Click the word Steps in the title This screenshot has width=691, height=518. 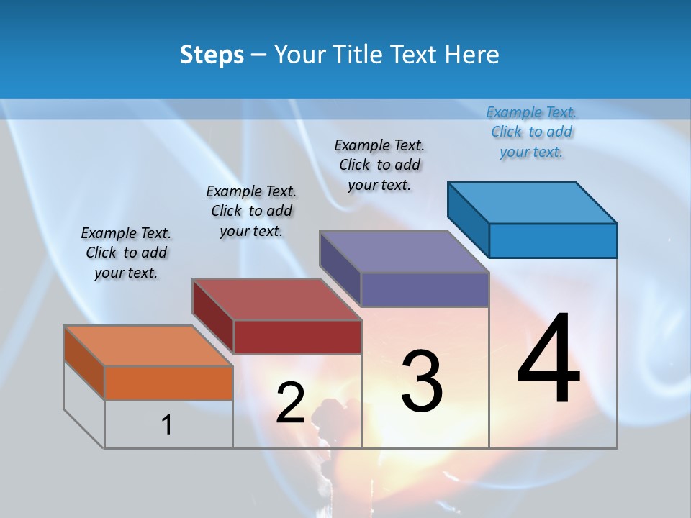click(212, 55)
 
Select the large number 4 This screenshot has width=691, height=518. click(548, 360)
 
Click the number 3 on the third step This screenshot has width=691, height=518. click(422, 381)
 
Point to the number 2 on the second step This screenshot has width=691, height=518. click(290, 404)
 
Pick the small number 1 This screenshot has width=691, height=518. click(167, 425)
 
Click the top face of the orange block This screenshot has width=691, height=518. click(148, 345)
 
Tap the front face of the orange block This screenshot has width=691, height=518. click(168, 383)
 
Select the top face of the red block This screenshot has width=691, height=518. click(276, 299)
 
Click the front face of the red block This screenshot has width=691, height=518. click(297, 337)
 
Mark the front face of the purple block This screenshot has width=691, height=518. click(425, 290)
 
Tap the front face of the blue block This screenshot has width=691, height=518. click(553, 240)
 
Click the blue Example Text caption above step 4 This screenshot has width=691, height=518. click(531, 132)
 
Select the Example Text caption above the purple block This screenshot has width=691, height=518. click(379, 165)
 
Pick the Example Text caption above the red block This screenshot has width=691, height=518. click(251, 211)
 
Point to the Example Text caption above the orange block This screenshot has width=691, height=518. click(126, 253)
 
